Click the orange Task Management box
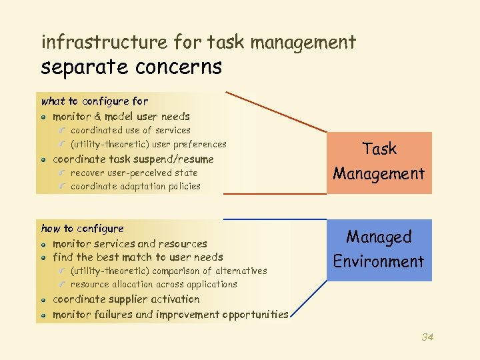[x=379, y=162]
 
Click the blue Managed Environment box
[x=379, y=249]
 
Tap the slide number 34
[x=427, y=337]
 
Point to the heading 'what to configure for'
[x=95, y=101]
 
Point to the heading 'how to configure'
[x=83, y=229]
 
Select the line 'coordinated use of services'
[x=131, y=131]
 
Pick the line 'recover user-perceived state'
[x=134, y=173]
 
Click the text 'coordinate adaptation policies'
[x=135, y=187]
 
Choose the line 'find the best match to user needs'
[x=138, y=257]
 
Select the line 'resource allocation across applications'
[x=154, y=284]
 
